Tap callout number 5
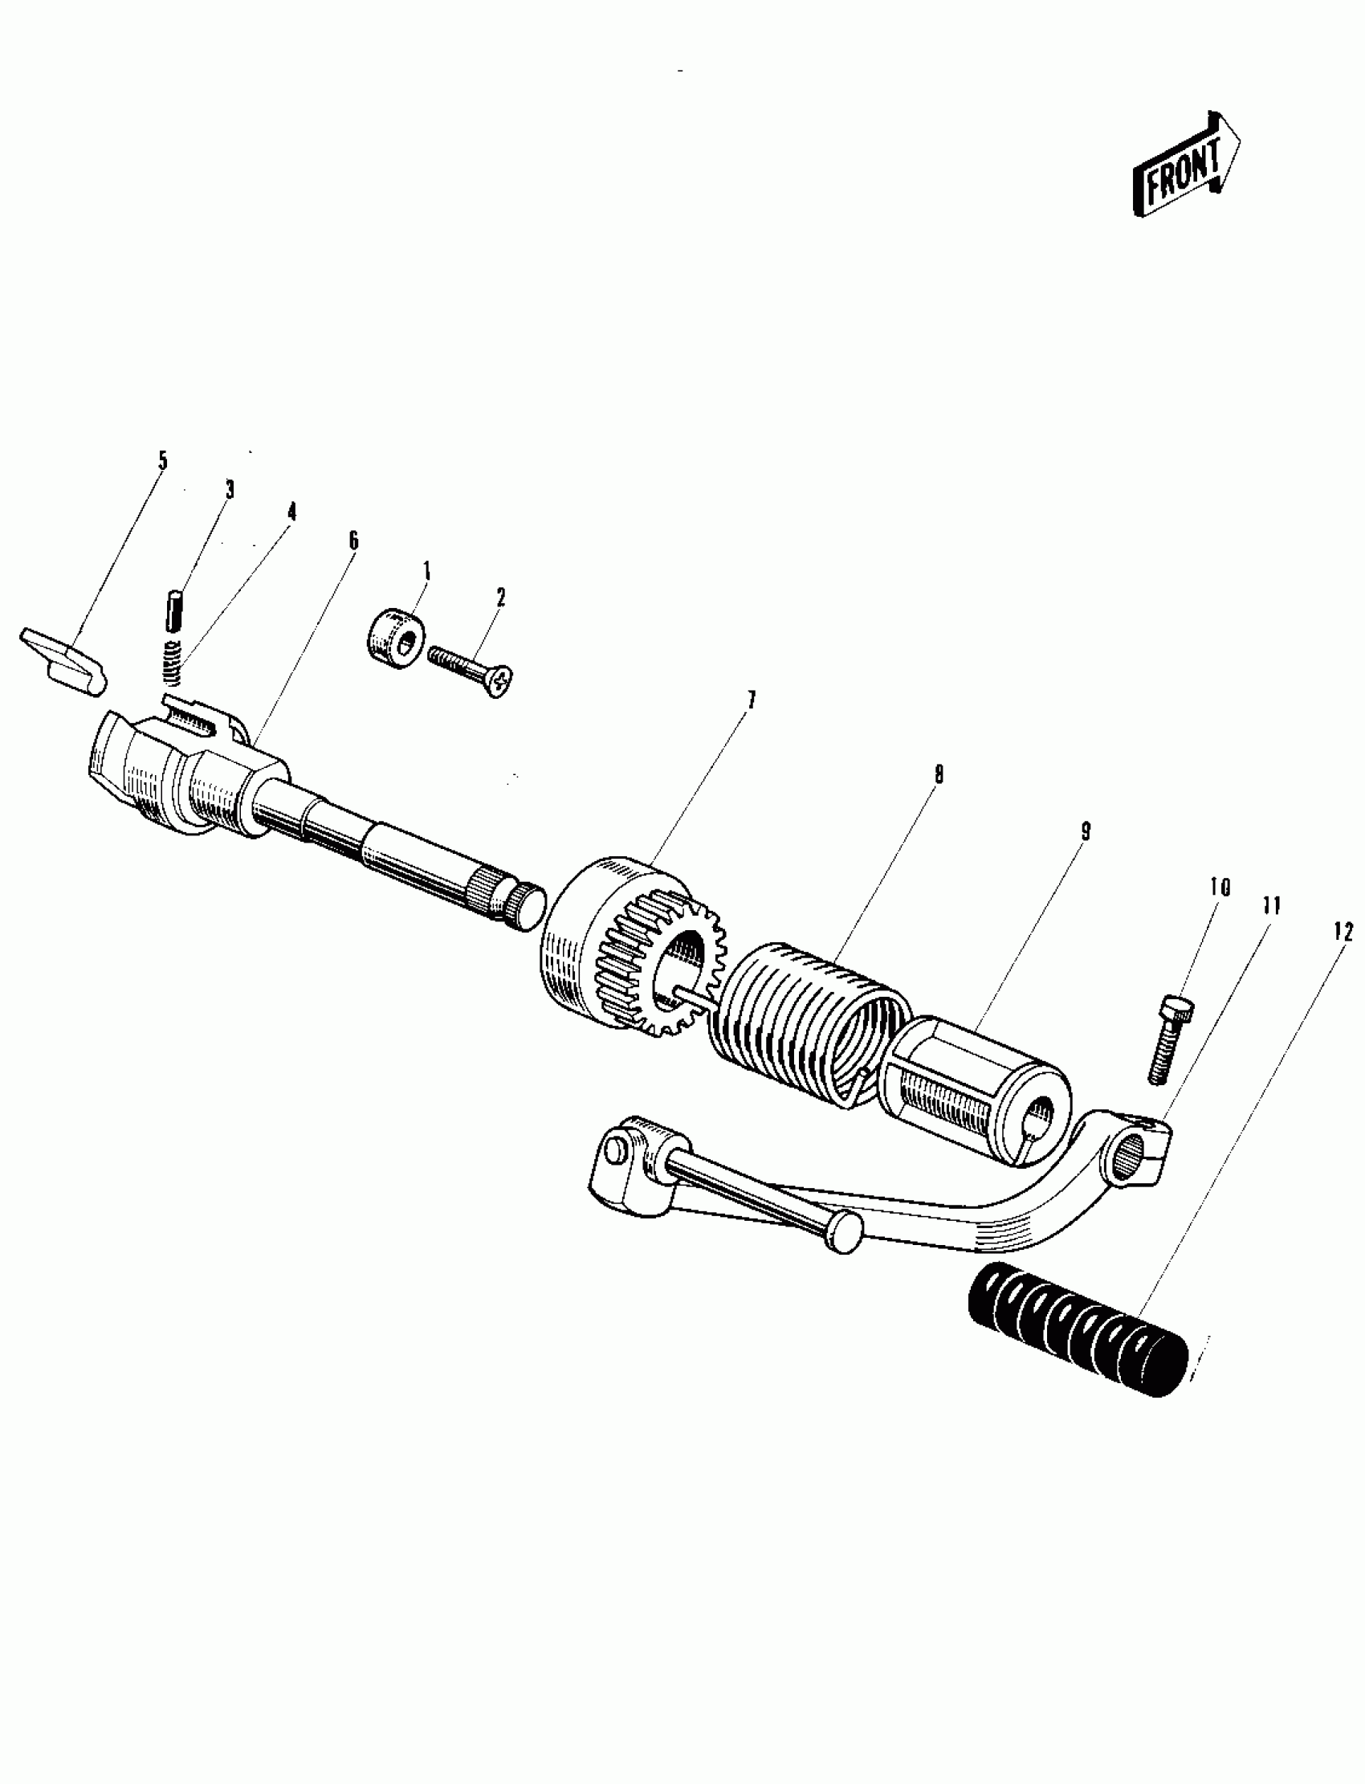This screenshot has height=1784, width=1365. (162, 462)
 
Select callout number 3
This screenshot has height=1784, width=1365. (230, 489)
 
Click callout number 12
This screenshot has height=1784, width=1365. (1343, 933)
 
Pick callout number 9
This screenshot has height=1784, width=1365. (1086, 831)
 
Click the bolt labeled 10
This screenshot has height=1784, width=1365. (1168, 1040)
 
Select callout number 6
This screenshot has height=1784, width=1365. (352, 541)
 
